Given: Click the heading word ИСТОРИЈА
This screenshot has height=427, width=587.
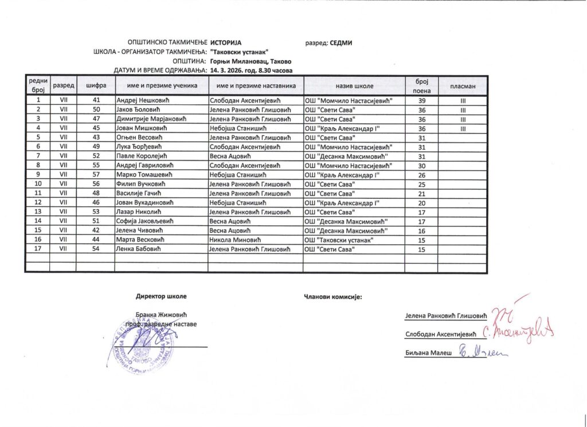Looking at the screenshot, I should point(226,43).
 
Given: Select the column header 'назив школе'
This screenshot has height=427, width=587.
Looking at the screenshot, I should point(355,85).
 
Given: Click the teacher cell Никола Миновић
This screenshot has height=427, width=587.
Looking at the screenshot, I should point(235,240).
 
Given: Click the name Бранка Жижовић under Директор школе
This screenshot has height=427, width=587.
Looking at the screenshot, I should point(161,315).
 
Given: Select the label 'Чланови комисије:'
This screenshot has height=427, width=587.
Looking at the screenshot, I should point(331,297).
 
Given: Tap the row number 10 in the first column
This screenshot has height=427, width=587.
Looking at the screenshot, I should point(37,184).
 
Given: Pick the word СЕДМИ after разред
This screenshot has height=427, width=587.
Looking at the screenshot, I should point(341,43).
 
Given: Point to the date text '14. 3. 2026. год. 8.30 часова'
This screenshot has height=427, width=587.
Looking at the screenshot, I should point(252,70).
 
